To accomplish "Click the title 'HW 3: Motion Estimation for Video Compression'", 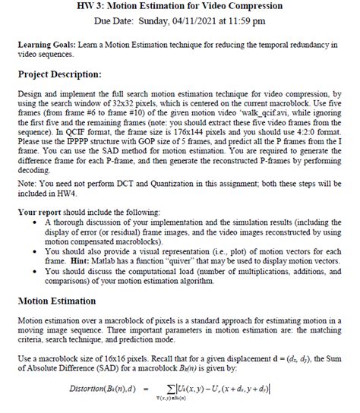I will point(180,6).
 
